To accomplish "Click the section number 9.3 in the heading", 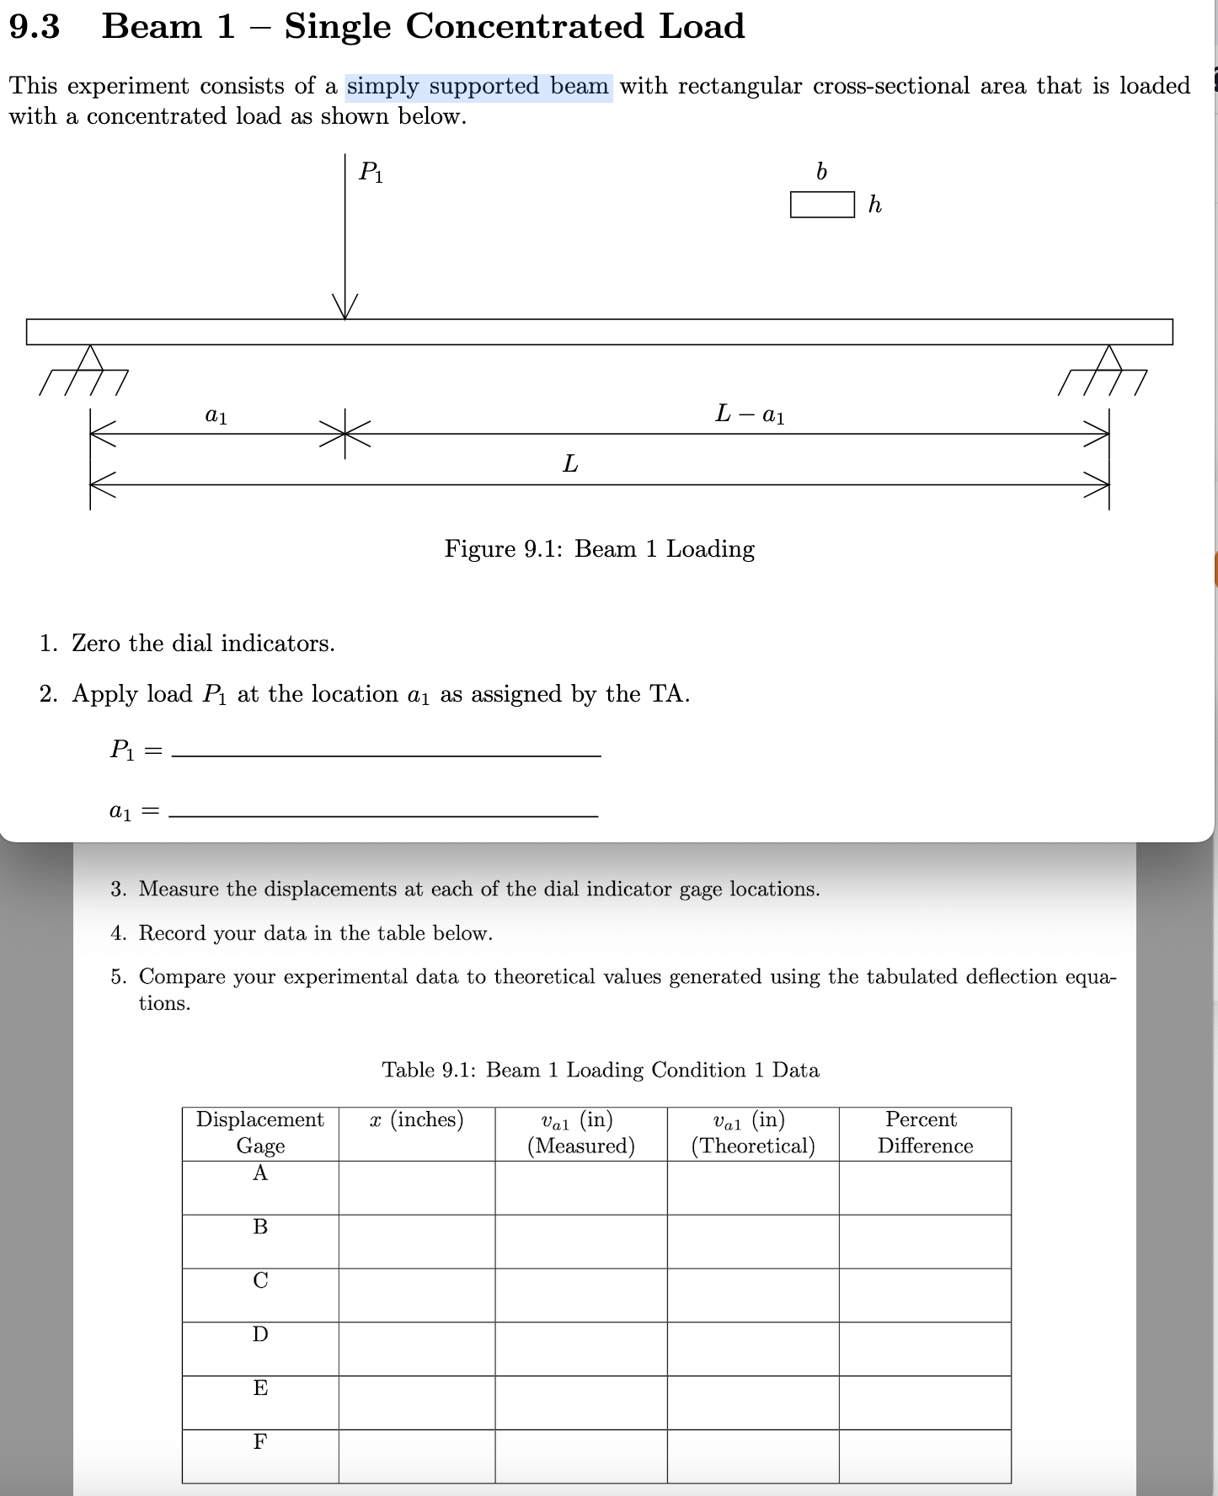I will point(35,27).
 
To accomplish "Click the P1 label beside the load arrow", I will point(371,173).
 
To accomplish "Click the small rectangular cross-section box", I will point(822,205).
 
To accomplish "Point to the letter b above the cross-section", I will point(822,172).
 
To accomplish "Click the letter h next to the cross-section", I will point(875,205).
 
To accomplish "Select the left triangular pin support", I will point(90,358).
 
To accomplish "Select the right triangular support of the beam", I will point(1110,358).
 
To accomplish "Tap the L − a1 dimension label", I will point(750,414).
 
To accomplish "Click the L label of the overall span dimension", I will point(570,464).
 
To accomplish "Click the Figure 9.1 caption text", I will point(599,549).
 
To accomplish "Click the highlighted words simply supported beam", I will point(478,86).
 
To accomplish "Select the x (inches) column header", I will point(417,1120).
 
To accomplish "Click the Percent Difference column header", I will point(924,1133).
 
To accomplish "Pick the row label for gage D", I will point(260,1334).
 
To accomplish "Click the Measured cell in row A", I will point(580,1188).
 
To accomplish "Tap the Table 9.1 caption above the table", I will point(600,1070).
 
